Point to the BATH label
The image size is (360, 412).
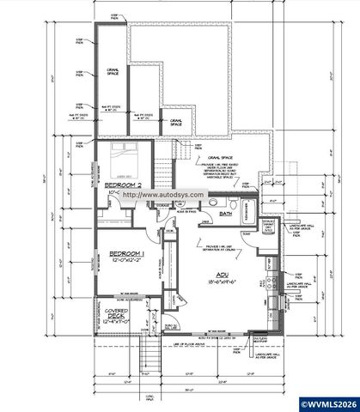226,213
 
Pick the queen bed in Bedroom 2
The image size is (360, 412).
129,161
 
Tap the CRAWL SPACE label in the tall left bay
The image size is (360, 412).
112,71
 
